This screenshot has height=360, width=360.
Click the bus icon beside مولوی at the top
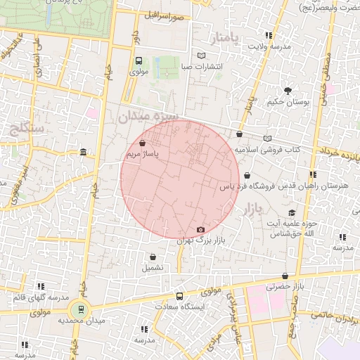click(x=139, y=61)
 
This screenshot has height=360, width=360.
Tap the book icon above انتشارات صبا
click(x=202, y=56)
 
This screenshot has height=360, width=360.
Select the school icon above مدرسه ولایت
click(x=267, y=34)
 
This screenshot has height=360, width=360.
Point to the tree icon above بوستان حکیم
click(x=288, y=90)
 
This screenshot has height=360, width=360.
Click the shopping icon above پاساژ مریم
click(x=143, y=143)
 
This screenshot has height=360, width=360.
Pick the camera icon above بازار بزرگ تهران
click(x=200, y=230)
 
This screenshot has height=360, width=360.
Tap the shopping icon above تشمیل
click(x=153, y=257)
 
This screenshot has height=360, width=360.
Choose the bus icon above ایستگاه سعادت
click(x=179, y=296)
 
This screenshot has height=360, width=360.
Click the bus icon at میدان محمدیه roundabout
click(x=81, y=309)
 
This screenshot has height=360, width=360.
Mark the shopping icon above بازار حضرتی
click(x=285, y=276)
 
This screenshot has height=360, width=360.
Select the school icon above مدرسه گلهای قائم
click(x=41, y=286)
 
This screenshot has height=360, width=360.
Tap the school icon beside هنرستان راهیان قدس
click(x=312, y=174)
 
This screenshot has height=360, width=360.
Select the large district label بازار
click(x=250, y=209)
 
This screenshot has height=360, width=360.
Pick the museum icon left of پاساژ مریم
click(x=84, y=153)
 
